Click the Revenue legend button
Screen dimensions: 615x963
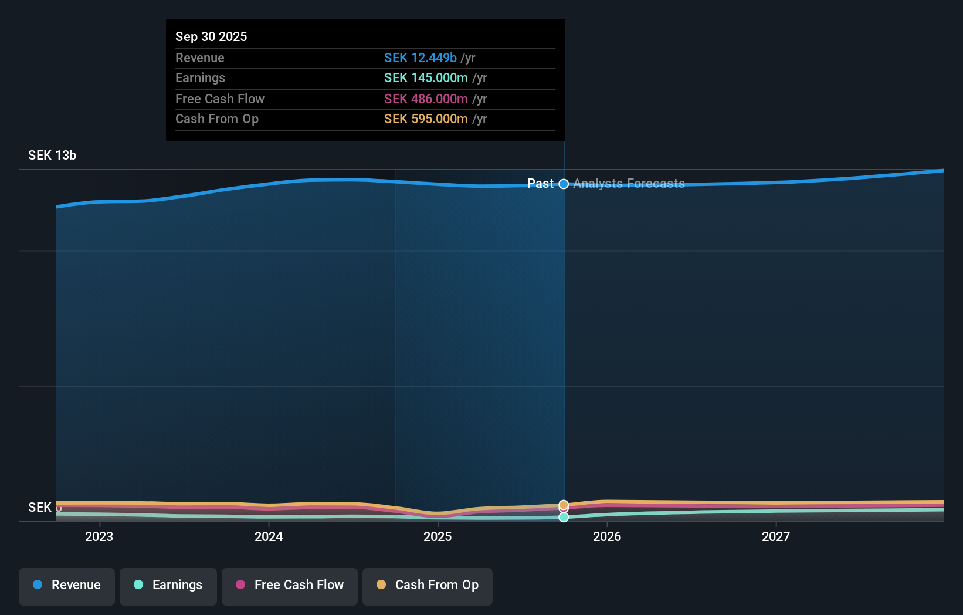click(67, 586)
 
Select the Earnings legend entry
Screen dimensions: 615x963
click(168, 586)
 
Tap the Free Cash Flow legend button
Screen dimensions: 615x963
click(290, 586)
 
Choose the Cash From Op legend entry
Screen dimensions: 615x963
click(428, 586)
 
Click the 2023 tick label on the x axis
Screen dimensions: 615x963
click(99, 536)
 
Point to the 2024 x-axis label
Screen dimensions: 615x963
click(269, 536)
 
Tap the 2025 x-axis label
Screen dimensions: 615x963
click(438, 536)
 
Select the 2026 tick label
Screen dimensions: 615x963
click(607, 536)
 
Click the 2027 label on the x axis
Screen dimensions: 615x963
click(775, 536)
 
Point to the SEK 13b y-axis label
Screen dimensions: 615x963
click(52, 156)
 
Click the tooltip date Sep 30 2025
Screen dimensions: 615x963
click(211, 36)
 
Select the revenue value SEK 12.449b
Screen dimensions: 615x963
click(420, 58)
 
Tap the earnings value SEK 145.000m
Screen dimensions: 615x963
click(426, 78)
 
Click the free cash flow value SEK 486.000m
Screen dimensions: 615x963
click(426, 99)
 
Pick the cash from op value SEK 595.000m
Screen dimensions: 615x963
click(426, 119)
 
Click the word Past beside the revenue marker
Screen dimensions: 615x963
click(540, 184)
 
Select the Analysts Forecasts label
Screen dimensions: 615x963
click(629, 184)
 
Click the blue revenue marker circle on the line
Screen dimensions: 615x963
click(564, 184)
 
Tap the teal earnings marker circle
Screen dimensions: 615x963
click(564, 517)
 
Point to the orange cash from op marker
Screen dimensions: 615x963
click(564, 505)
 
